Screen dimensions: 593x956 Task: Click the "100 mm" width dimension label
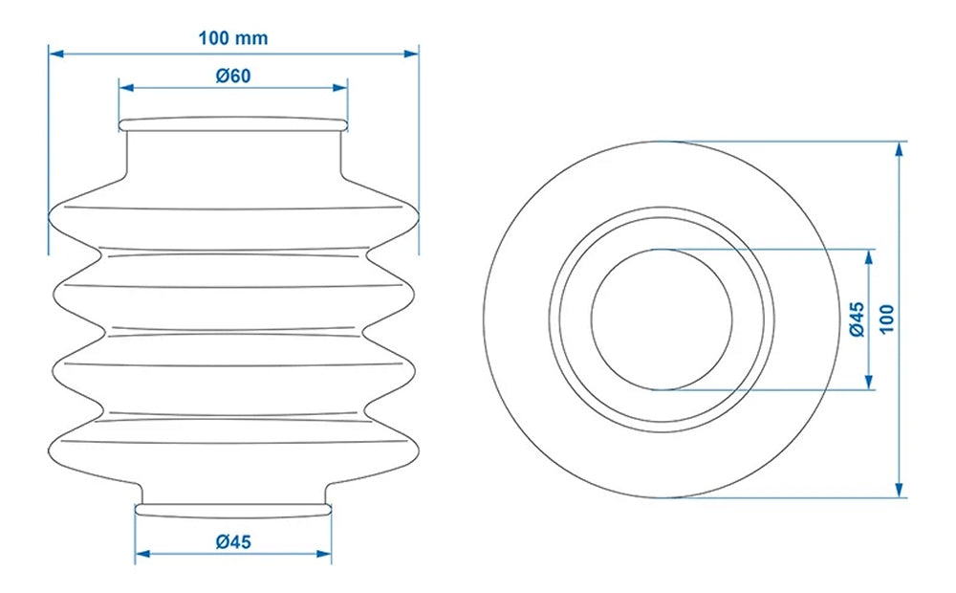click(x=233, y=38)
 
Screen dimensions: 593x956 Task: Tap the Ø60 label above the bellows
click(x=233, y=76)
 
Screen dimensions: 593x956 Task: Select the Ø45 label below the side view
click(x=233, y=541)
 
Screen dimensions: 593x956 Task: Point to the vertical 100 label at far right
click(x=886, y=318)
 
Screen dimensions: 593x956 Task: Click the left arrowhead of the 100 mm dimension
click(x=54, y=54)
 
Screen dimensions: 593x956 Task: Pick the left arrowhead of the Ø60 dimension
click(x=124, y=88)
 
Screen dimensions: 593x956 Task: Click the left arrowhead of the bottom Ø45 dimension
click(x=141, y=554)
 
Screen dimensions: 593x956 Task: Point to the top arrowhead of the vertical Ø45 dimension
click(x=869, y=255)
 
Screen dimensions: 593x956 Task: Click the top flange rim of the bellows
click(x=233, y=123)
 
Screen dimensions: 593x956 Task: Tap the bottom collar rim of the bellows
click(x=233, y=509)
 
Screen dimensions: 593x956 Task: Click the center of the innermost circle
click(x=662, y=318)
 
